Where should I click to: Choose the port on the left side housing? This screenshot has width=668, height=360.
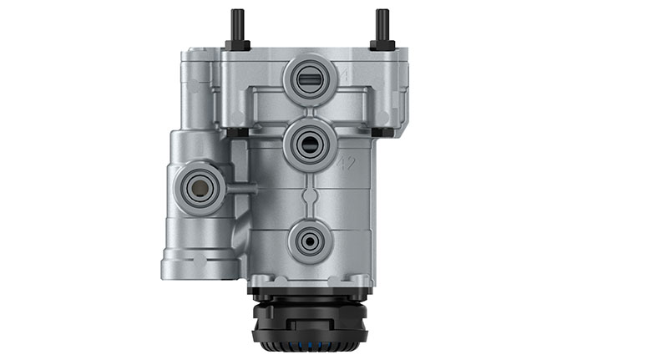click(198, 186)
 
